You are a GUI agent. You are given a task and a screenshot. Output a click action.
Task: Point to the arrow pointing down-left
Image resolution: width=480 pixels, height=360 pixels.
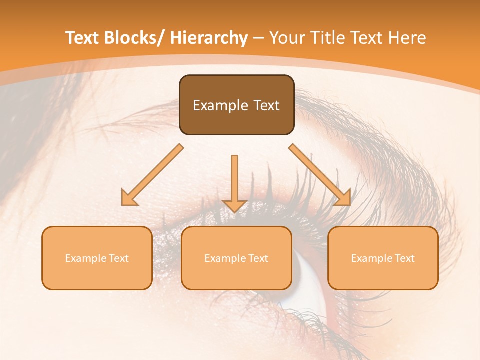coord(152,175)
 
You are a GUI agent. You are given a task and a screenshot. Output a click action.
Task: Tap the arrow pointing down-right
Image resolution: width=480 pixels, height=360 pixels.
coord(320,175)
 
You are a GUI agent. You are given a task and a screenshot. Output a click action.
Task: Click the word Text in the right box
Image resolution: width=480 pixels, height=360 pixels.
coord(405,258)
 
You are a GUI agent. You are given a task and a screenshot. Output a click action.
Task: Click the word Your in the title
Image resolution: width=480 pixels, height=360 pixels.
coord(286,38)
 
